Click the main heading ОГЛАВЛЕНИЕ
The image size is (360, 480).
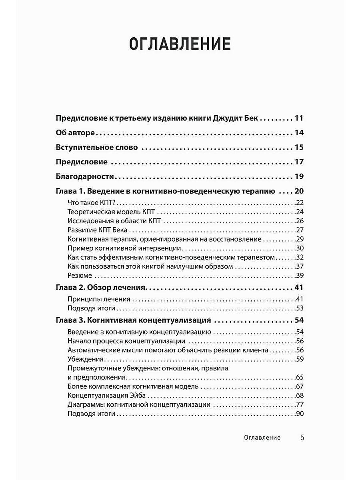180,44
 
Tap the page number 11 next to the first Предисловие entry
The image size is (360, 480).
299,118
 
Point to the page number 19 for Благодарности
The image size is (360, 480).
299,176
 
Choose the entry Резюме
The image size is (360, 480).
80,275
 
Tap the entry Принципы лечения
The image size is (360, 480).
99,299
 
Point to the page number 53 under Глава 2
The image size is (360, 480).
300,308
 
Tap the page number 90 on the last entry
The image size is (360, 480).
300,414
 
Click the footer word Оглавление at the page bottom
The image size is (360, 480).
262,438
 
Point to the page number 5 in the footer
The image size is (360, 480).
302,438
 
